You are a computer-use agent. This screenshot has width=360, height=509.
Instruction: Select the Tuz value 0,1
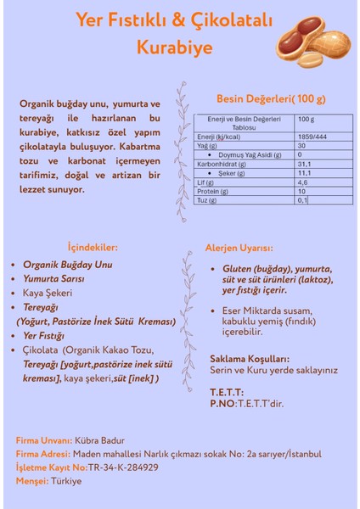point(302,200)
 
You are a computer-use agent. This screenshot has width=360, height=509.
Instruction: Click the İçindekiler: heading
point(93,248)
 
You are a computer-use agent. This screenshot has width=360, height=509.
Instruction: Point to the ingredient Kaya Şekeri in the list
point(53,293)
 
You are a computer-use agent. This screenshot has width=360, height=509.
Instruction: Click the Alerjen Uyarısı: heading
point(239,249)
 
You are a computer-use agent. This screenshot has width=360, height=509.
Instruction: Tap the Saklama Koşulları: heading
point(250,359)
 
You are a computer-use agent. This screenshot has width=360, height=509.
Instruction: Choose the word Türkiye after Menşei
point(66,481)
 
